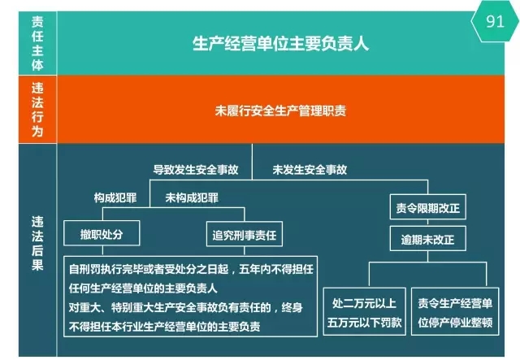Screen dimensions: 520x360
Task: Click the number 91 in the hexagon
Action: [495, 21]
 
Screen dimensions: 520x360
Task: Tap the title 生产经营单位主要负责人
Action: [280, 43]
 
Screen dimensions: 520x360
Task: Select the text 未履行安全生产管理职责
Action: [280, 111]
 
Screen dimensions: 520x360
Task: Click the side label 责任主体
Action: [37, 43]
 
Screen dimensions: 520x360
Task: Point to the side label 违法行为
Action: [37, 110]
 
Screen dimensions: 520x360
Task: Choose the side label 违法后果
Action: [37, 243]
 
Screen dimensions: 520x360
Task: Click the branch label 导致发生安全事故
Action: [196, 170]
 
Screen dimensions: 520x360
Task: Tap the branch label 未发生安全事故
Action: [310, 170]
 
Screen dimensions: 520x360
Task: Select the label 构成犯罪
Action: [115, 197]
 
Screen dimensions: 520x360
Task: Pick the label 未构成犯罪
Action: [192, 197]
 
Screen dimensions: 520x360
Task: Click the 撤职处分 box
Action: [102, 233]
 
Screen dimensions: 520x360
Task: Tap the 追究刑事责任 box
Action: [245, 234]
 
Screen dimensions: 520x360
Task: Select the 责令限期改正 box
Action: [428, 207]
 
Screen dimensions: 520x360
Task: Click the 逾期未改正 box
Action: [428, 239]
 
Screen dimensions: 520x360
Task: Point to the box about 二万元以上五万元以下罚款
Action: [365, 311]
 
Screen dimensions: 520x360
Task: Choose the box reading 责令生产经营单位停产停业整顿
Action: [455, 311]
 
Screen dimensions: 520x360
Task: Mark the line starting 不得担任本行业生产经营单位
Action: [164, 327]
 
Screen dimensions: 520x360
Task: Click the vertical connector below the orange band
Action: [252, 162]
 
